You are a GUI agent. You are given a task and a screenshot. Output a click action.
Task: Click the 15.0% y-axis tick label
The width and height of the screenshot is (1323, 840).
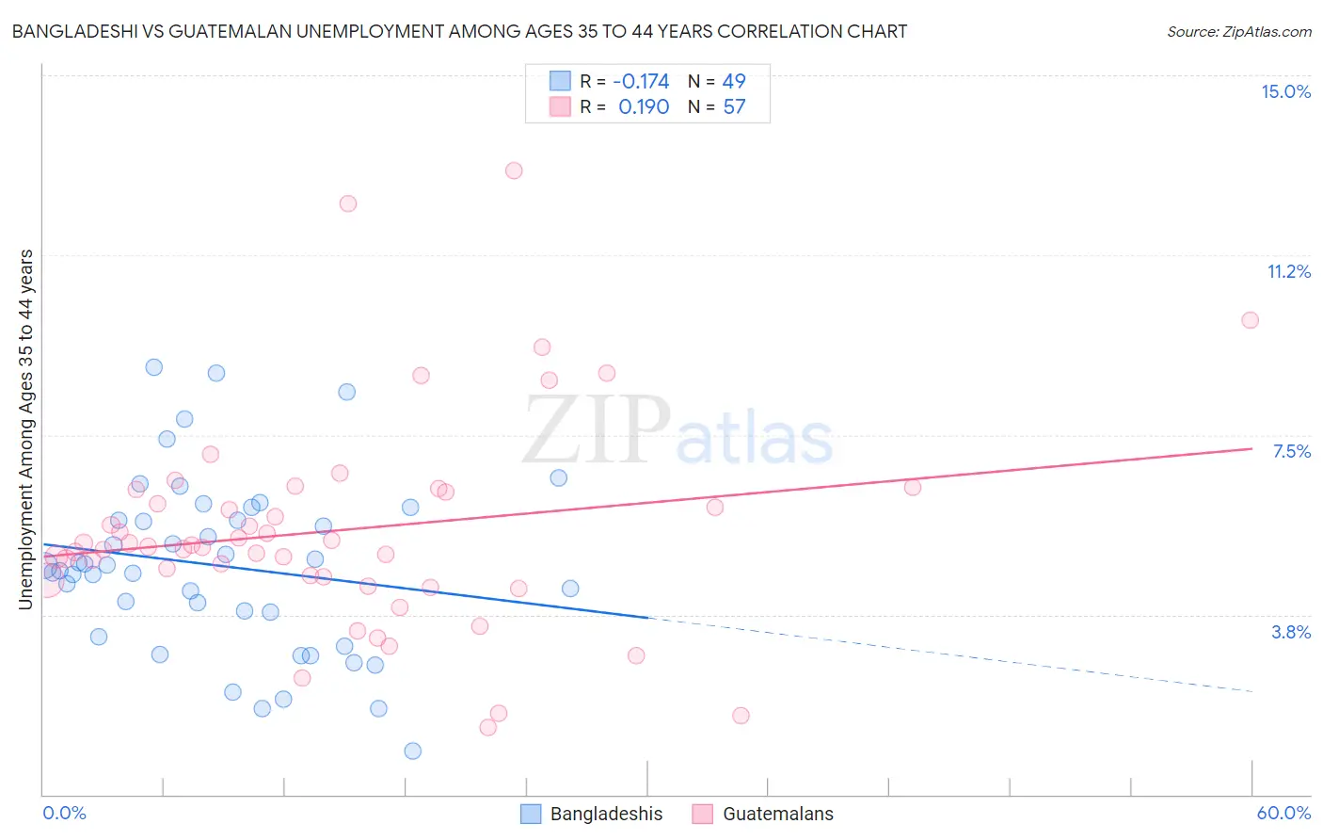[1285, 91]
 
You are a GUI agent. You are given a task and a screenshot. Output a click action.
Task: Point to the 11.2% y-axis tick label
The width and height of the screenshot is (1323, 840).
[1288, 271]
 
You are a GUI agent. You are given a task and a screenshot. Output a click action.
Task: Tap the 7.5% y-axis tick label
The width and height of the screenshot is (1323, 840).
[1291, 451]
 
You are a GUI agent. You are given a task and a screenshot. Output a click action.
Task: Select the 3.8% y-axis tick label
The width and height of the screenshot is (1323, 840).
[1291, 632]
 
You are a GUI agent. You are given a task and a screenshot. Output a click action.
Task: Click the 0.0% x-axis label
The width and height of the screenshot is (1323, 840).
[65, 813]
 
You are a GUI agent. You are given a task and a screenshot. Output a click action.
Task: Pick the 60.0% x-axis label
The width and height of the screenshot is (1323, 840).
[1283, 813]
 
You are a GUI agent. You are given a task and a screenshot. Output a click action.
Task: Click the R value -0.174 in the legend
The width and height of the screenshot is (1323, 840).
[641, 81]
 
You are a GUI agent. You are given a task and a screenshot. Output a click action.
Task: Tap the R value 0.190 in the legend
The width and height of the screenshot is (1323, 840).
[644, 107]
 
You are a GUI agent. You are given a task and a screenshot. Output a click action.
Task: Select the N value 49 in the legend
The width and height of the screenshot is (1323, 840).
[734, 81]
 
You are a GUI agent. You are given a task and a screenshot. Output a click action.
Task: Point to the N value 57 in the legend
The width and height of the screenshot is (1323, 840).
[734, 107]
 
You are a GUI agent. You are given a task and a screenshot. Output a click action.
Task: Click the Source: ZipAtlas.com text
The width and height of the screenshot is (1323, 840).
[1238, 31]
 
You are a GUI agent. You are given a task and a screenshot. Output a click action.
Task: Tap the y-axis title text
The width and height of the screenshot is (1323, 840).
[25, 429]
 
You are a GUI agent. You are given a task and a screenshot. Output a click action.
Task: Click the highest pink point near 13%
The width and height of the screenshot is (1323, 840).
[514, 170]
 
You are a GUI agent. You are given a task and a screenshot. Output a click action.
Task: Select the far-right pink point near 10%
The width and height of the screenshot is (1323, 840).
[1250, 320]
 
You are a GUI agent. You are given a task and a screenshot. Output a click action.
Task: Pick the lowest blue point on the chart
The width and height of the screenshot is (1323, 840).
[412, 751]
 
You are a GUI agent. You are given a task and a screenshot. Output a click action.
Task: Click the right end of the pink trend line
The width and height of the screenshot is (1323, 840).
[1251, 448]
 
